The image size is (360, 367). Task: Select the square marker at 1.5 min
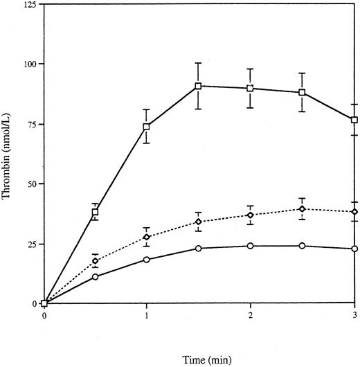click(x=199, y=86)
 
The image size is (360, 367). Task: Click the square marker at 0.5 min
click(x=96, y=212)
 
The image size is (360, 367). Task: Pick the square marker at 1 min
click(x=147, y=127)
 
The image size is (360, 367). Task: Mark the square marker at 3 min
click(x=354, y=120)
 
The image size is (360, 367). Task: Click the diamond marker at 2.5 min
click(x=302, y=209)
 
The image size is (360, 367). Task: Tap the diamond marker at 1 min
click(x=147, y=237)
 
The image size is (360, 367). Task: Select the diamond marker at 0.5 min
click(x=96, y=261)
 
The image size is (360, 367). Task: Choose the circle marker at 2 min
click(x=250, y=246)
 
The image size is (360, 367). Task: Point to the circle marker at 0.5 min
click(x=96, y=277)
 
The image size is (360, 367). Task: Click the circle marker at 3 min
click(x=354, y=249)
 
